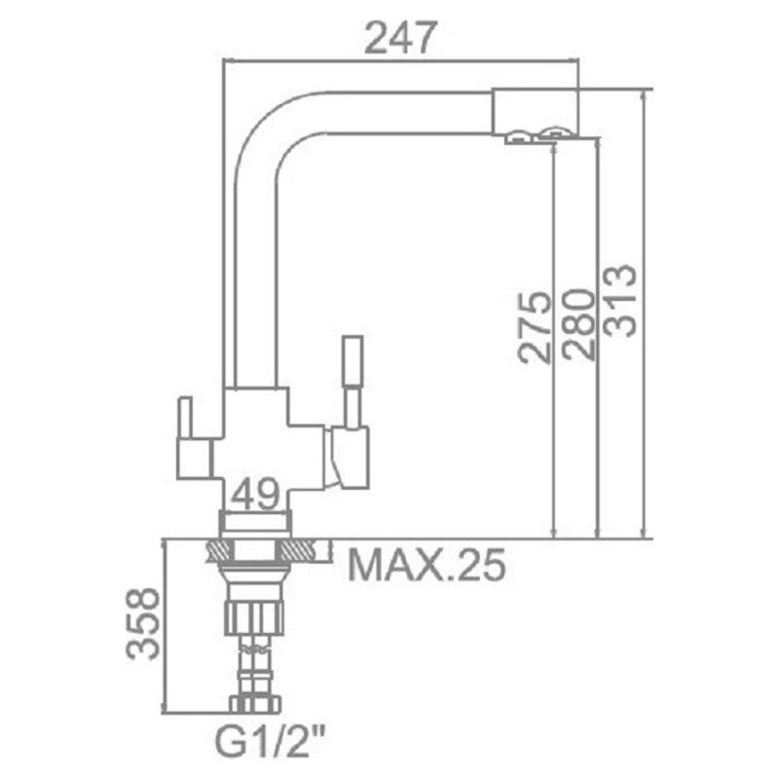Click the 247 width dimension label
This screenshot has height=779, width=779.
tap(400, 37)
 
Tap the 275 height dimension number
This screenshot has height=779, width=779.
tap(535, 328)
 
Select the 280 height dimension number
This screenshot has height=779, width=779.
tap(578, 324)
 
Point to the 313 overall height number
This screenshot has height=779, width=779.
tap(619, 301)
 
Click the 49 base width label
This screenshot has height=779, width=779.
tap(255, 494)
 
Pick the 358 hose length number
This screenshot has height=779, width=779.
tap(143, 623)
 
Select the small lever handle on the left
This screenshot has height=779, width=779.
tap(186, 419)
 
